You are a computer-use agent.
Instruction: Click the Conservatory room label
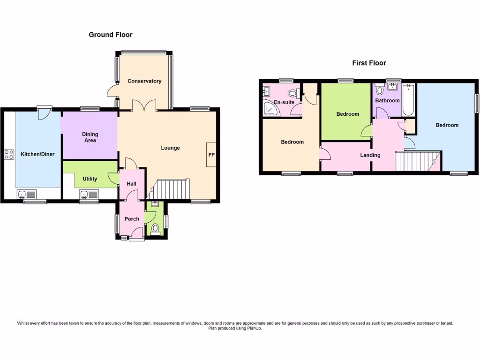coord(144,81)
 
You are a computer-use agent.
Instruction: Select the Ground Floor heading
coord(111,35)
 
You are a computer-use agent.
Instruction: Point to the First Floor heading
coord(369,63)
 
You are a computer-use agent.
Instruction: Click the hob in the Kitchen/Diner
coord(9,155)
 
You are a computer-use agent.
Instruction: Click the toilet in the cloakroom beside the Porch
coord(155,229)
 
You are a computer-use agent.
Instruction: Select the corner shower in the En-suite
coord(270,109)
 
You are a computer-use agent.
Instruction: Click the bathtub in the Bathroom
coord(409,99)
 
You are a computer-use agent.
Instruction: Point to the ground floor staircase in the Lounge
coord(172,189)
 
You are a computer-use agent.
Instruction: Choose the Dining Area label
coord(90,137)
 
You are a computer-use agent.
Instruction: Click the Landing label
coord(370,155)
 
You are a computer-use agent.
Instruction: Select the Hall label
coord(132,184)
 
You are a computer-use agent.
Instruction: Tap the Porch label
coord(132,219)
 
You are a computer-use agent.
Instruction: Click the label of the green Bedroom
coord(348,114)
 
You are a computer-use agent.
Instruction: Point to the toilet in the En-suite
coord(294,93)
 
